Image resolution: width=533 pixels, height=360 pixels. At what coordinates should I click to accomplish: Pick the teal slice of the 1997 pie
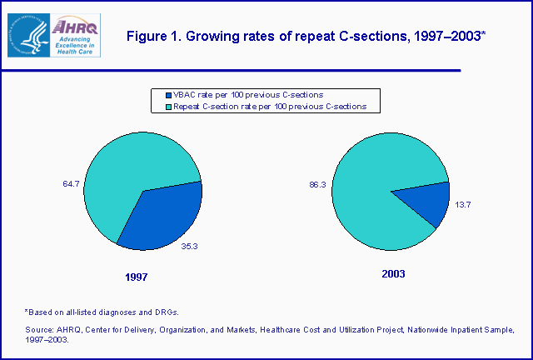click(125, 175)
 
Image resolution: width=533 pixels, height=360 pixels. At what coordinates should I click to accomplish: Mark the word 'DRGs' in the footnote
click(164, 311)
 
